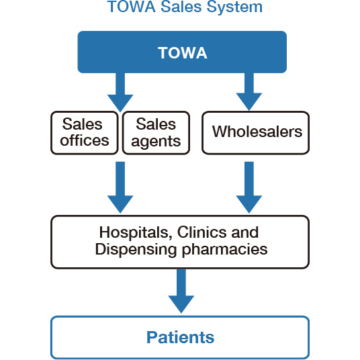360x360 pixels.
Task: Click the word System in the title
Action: point(234,7)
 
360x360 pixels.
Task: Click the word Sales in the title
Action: point(181,7)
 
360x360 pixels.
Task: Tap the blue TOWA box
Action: point(182,52)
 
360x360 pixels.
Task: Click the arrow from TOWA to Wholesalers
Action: point(249,92)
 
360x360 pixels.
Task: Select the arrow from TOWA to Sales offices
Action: point(120,93)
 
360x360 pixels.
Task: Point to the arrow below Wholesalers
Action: point(249,187)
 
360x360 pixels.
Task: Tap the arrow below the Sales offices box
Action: point(120,187)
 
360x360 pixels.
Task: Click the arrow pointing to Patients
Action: point(181,291)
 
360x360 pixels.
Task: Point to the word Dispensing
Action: point(136,250)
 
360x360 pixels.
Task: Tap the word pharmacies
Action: point(225,250)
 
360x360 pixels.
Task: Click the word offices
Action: point(85,140)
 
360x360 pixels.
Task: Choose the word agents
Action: point(156,142)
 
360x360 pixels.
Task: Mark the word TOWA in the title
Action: point(132,7)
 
